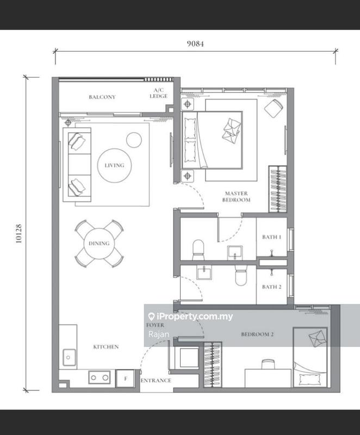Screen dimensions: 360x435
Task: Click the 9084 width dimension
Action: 195,43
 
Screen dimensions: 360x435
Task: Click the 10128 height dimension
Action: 18,234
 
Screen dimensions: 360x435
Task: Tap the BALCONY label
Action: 102,97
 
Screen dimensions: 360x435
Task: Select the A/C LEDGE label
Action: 159,93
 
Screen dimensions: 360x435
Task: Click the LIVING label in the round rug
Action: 114,165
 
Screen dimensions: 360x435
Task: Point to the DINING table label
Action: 99,243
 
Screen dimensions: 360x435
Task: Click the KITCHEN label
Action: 106,346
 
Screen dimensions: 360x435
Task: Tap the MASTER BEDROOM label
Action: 237,196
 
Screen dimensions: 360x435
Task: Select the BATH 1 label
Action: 272,237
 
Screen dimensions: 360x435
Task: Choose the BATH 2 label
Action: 272,287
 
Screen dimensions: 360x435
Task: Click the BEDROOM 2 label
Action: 257,334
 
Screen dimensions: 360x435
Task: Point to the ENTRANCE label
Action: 156,380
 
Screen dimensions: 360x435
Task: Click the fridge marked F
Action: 126,378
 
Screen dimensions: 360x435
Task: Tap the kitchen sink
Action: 69,357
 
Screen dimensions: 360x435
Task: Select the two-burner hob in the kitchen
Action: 100,377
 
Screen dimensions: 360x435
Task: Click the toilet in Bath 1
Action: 198,250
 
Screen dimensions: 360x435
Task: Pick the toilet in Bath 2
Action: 241,276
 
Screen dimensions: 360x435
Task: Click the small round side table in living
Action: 134,140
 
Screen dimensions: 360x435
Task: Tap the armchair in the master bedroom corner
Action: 274,108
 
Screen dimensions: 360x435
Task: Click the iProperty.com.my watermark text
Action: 191,316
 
